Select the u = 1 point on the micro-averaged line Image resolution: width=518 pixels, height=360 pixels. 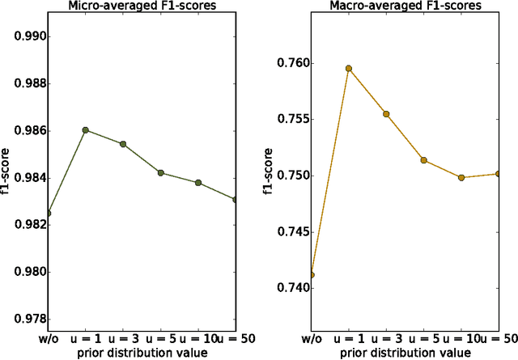tap(85, 129)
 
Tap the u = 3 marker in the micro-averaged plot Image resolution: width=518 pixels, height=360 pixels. tap(123, 144)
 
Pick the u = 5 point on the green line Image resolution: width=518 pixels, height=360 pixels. tap(161, 172)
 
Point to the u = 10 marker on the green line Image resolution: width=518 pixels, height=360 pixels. tap(198, 183)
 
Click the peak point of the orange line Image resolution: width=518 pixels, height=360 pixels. tap(349, 69)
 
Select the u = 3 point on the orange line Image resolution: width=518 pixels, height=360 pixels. tap(386, 114)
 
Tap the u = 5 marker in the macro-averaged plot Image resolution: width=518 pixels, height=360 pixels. tap(423, 160)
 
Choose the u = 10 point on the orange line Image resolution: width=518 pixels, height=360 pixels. tap(461, 177)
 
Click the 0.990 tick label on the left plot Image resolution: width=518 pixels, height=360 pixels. tap(25, 36)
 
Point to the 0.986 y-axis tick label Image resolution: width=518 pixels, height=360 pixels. tap(25, 131)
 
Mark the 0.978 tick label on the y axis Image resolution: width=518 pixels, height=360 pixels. tap(25, 319)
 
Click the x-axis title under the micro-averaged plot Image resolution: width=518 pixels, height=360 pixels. tap(142, 353)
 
